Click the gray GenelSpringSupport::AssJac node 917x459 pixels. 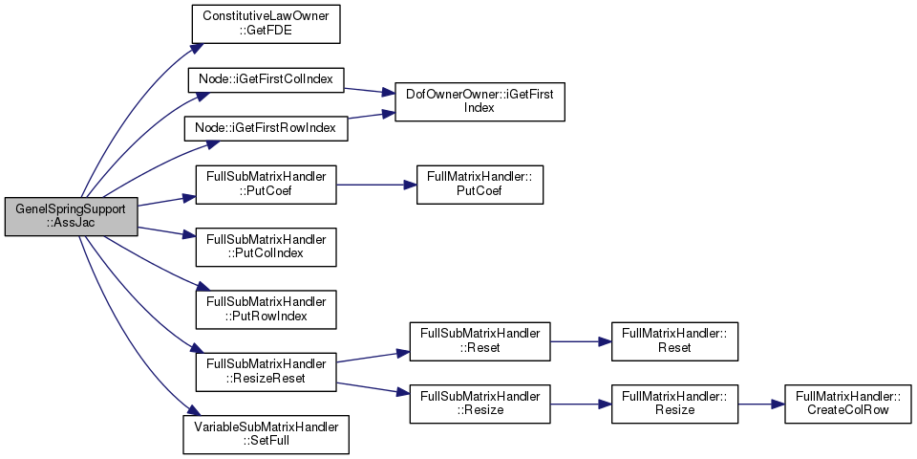pyautogui.click(x=72, y=217)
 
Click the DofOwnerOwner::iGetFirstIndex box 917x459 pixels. pyautogui.click(x=480, y=102)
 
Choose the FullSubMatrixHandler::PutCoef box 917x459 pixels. pyautogui.click(x=267, y=185)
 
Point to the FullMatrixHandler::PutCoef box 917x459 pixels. pyautogui.click(x=480, y=185)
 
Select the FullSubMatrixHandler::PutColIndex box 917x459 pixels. pyautogui.click(x=267, y=247)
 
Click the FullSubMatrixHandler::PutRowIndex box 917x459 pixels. pyautogui.click(x=267, y=309)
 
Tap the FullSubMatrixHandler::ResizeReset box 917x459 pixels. pyautogui.click(x=267, y=372)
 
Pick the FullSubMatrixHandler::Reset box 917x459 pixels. pyautogui.click(x=480, y=340)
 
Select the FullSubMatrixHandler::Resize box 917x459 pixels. pyautogui.click(x=480, y=404)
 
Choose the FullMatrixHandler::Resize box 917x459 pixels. pyautogui.click(x=674, y=404)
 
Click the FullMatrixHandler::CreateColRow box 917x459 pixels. pyautogui.click(x=847, y=404)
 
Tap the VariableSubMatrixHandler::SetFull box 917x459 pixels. pyautogui.click(x=267, y=434)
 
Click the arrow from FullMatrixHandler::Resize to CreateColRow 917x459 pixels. pyautogui.click(x=761, y=404)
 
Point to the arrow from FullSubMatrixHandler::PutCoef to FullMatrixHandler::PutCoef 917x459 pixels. pyautogui.click(x=376, y=185)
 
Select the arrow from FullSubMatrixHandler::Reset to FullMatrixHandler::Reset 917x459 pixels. pyautogui.click(x=580, y=340)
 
